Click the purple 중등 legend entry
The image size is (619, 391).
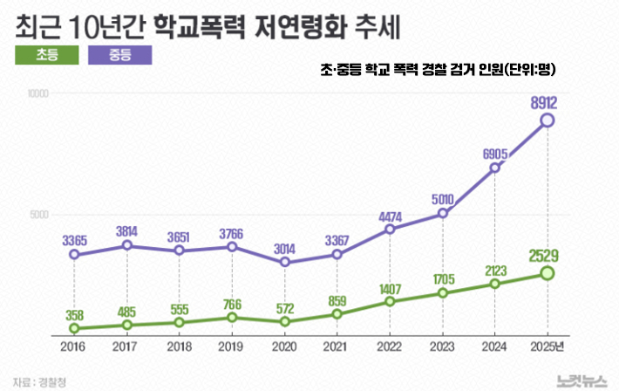pos(121,55)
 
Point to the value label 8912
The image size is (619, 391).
pos(544,103)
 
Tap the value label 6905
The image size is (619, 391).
pos(494,154)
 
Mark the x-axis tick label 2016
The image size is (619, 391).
pos(75,346)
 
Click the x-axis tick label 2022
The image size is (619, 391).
pos(390,346)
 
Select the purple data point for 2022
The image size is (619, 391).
pos(390,230)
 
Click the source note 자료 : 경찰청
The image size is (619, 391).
pos(39,380)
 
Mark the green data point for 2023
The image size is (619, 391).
pos(443,292)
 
